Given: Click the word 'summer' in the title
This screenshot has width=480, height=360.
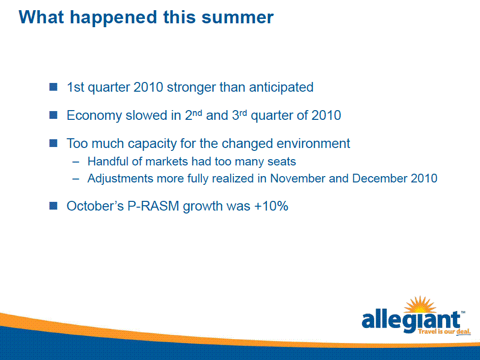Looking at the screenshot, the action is coord(237,17).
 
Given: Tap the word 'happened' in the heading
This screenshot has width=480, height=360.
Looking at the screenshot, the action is coord(114,18).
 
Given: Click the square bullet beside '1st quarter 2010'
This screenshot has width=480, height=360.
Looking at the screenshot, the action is coord(53,87).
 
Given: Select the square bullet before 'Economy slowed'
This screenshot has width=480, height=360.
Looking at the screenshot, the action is coord(53,115).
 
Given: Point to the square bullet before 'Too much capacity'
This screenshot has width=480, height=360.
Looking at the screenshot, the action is coord(53,143).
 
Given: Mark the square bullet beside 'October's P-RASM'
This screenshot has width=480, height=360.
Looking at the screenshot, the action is coord(53,206).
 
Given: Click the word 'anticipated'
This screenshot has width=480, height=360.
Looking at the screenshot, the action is coord(281,87).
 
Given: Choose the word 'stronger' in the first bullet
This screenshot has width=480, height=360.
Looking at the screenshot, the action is coord(191,88).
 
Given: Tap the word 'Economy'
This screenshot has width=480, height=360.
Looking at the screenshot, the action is coord(94,115).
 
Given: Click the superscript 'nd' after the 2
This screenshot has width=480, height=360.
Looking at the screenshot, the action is coord(197,113).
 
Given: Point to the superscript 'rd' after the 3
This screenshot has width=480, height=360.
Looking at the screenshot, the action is coord(243,113).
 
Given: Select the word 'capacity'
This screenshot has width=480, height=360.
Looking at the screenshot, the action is coord(152,144).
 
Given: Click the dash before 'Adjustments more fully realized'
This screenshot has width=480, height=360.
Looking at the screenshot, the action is coord(76,179).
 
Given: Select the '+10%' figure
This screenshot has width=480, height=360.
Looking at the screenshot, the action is coord(271,206).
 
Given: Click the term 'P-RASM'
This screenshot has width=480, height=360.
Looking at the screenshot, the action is coord(153,206).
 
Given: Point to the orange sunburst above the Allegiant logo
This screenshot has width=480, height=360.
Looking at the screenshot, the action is coord(420,305).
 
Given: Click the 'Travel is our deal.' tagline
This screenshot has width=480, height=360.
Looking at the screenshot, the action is coord(444,331).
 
